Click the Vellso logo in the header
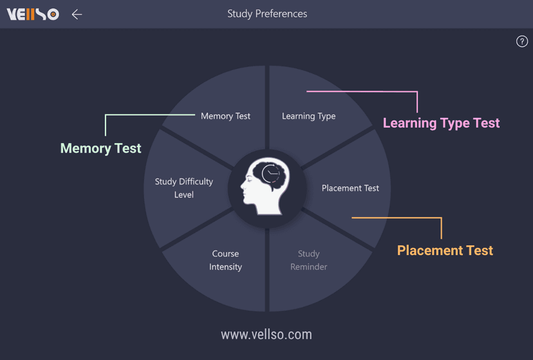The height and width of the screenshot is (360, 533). [x=32, y=14]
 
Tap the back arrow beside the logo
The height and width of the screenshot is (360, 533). [x=77, y=14]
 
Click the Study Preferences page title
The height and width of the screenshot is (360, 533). [x=267, y=14]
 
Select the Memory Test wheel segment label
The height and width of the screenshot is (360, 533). [x=225, y=116]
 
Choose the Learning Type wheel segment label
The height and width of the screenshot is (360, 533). [x=308, y=116]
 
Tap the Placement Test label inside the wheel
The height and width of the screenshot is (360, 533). [x=350, y=188]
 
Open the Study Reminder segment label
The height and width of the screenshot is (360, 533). [x=308, y=260]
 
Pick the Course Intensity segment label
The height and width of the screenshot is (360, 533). [x=225, y=260]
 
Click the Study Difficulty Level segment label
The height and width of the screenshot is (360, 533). [x=183, y=188]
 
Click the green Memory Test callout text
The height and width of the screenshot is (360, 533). [x=100, y=148]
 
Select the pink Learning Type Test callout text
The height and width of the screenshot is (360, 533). [x=441, y=123]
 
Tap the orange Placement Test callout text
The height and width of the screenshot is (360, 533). [x=445, y=251]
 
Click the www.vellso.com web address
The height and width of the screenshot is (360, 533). [x=266, y=334]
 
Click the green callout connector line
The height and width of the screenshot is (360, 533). [x=148, y=115]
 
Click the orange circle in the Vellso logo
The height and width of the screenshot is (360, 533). [x=53, y=14]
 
